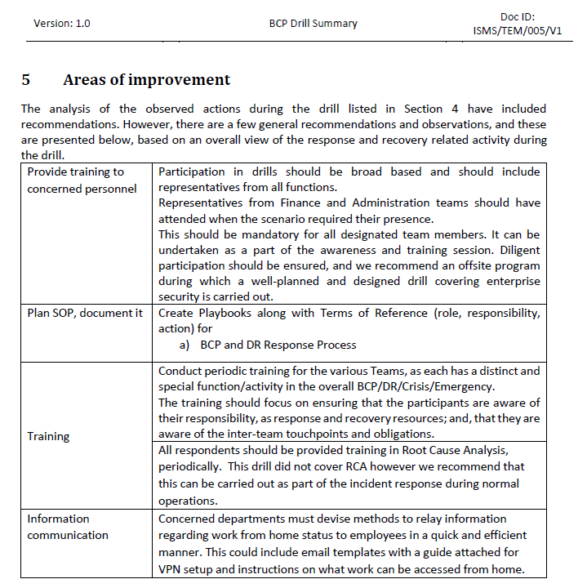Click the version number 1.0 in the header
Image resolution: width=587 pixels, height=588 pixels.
(x=82, y=23)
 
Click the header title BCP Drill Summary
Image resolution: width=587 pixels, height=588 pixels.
(x=313, y=23)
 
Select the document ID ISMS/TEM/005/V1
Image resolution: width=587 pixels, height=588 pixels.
(x=517, y=31)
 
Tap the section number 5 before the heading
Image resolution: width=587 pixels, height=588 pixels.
(x=26, y=80)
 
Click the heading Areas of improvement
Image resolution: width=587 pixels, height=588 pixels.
(x=146, y=80)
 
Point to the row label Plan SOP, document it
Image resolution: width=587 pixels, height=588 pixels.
(x=85, y=313)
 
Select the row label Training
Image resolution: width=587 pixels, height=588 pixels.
(x=48, y=436)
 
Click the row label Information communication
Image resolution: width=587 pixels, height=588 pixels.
(x=68, y=527)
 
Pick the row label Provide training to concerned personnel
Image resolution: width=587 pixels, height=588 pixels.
(x=82, y=180)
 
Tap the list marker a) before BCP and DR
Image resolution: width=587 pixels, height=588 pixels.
(x=184, y=345)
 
